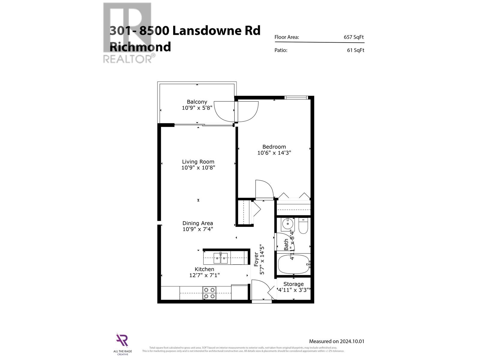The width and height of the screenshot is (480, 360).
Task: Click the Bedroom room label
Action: pyautogui.click(x=274, y=147)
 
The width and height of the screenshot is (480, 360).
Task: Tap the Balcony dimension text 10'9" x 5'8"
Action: pyautogui.click(x=197, y=108)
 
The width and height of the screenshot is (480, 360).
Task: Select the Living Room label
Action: pyautogui.click(x=198, y=162)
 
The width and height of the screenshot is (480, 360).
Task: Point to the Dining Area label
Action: pyautogui.click(x=198, y=223)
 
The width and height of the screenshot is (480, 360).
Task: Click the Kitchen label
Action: pyautogui.click(x=204, y=269)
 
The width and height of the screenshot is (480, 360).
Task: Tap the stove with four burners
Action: pyautogui.click(x=209, y=293)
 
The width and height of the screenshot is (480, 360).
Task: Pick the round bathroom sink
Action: pyautogui.click(x=288, y=224)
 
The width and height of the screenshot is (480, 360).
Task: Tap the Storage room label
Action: pyautogui.click(x=293, y=284)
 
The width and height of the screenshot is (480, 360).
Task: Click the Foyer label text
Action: pyautogui.click(x=256, y=259)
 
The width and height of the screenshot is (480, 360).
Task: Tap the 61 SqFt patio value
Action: pyautogui.click(x=355, y=50)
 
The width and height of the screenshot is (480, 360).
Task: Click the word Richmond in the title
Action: pyautogui.click(x=140, y=47)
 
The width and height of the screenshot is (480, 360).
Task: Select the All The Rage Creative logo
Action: pyautogui.click(x=122, y=343)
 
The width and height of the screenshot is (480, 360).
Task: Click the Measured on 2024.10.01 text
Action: pyautogui.click(x=336, y=341)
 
